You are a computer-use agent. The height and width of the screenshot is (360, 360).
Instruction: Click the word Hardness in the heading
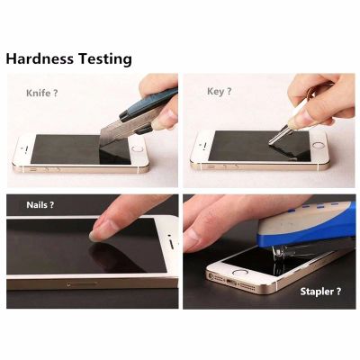click(x=40, y=58)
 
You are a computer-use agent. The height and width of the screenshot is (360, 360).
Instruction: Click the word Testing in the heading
click(x=105, y=59)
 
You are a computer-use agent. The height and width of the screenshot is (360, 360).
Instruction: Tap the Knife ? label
click(x=41, y=93)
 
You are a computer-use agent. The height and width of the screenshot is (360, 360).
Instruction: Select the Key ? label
click(x=220, y=92)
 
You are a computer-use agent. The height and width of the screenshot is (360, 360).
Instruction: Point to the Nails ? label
click(x=40, y=205)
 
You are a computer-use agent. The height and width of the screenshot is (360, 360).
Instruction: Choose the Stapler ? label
click(x=320, y=292)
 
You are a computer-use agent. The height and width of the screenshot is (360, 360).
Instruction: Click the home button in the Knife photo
click(x=138, y=149)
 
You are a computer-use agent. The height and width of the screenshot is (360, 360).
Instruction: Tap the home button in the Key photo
click(x=318, y=146)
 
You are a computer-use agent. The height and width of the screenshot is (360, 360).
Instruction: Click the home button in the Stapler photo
click(x=240, y=273)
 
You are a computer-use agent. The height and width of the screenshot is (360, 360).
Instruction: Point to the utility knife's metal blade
click(x=114, y=131)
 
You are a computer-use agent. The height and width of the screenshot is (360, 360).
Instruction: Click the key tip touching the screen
click(x=271, y=142)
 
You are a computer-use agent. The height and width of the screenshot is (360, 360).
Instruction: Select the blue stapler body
click(x=306, y=223)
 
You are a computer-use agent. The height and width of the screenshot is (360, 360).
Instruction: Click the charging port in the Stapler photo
click(x=232, y=283)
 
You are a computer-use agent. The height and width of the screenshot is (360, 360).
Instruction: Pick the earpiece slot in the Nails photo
click(x=172, y=244)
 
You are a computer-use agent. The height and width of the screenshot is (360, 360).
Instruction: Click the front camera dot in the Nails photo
click(x=169, y=236)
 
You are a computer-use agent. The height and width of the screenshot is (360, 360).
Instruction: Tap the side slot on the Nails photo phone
click(x=83, y=283)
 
